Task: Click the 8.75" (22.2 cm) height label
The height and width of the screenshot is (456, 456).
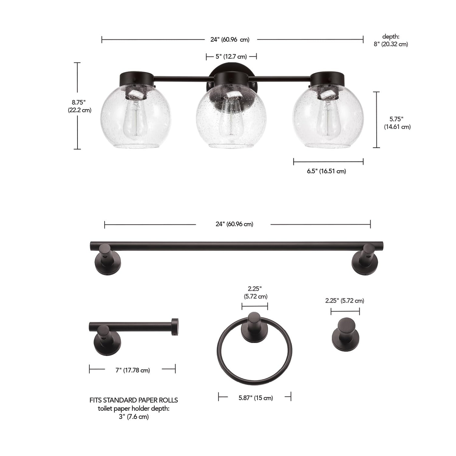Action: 79,106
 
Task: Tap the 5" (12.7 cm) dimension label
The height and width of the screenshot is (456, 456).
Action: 231,57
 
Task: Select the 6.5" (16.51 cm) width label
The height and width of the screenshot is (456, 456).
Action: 326,171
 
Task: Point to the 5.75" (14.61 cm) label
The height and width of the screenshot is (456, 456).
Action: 397,123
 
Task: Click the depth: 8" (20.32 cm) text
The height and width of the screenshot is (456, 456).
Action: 391,40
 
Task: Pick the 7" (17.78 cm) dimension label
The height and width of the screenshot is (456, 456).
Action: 133,370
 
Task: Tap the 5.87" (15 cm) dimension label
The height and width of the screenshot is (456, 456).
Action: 256,398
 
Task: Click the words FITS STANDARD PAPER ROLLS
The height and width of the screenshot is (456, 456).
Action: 134,400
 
